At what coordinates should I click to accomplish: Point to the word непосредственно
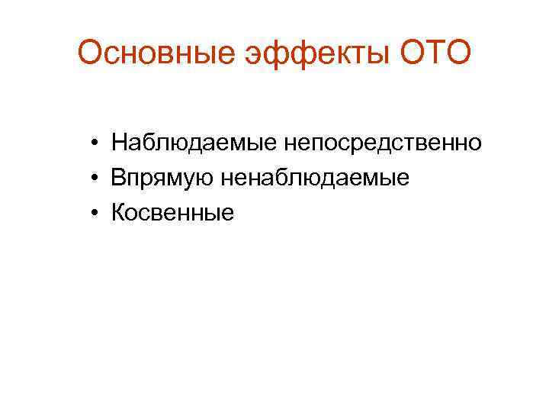pos(383,142)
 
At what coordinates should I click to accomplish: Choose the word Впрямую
pos(163,178)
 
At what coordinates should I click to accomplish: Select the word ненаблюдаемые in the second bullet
pos(316,178)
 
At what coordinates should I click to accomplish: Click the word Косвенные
pos(172,213)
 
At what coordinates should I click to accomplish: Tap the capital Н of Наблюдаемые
pos(118,142)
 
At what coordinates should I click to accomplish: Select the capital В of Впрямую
pos(118,178)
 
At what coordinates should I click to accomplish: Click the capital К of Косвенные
pos(118,213)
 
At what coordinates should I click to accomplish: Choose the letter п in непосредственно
pos(312,143)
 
